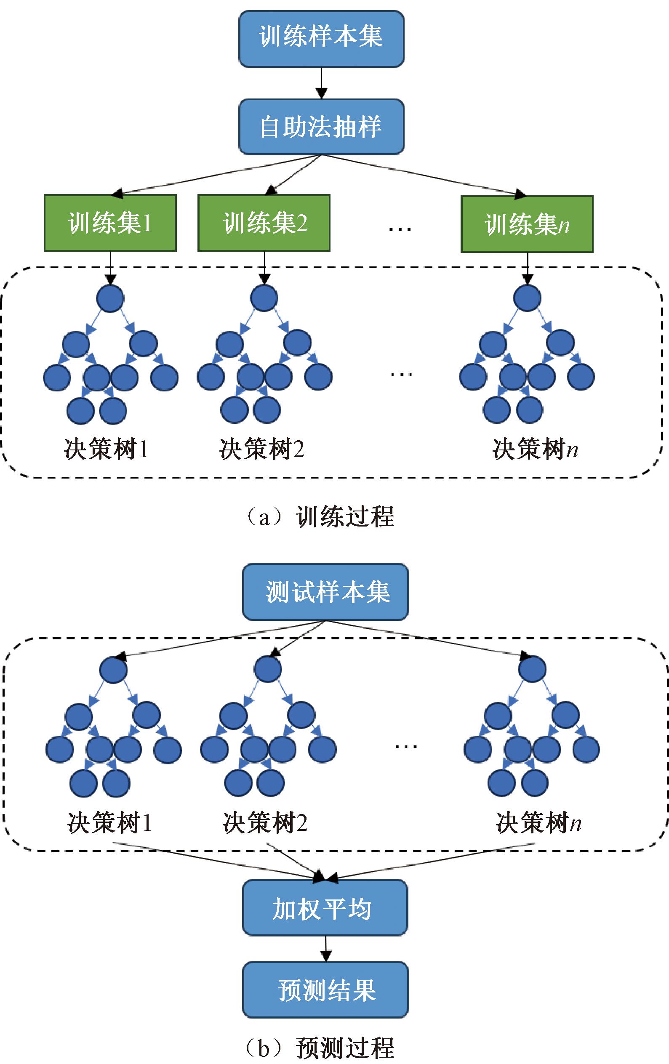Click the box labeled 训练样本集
[321, 39]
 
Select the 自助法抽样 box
[321, 127]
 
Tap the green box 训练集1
[110, 223]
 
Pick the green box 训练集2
[264, 223]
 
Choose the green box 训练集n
[527, 224]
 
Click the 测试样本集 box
[326, 592]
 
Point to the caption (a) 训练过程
[320, 516]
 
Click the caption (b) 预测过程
[320, 1048]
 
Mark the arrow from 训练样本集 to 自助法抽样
[321, 83]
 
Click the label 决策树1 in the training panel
[106, 450]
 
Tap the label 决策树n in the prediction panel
[538, 822]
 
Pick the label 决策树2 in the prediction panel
[265, 822]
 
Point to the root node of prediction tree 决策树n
[532, 669]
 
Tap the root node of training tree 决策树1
[110, 298]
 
